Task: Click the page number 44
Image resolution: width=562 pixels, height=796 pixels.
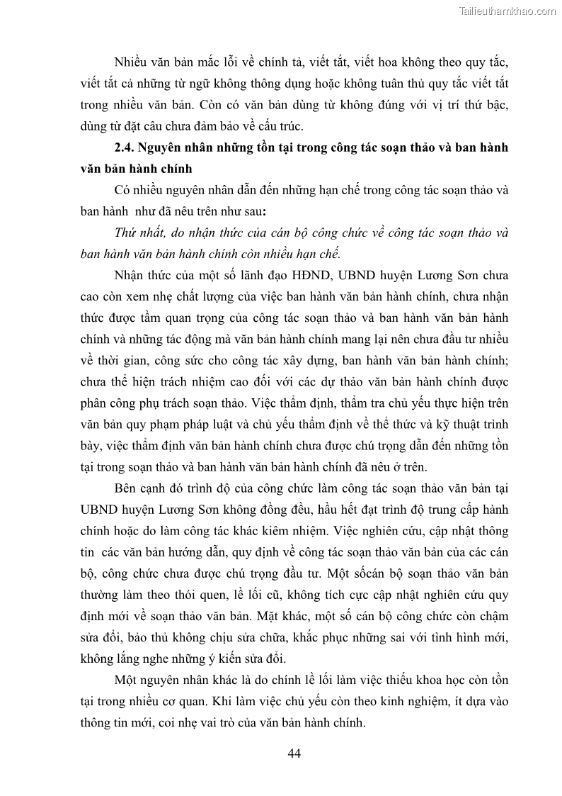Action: click(294, 753)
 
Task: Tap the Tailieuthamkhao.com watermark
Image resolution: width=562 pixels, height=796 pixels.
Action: click(507, 11)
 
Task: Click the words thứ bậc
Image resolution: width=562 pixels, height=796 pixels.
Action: click(484, 105)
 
